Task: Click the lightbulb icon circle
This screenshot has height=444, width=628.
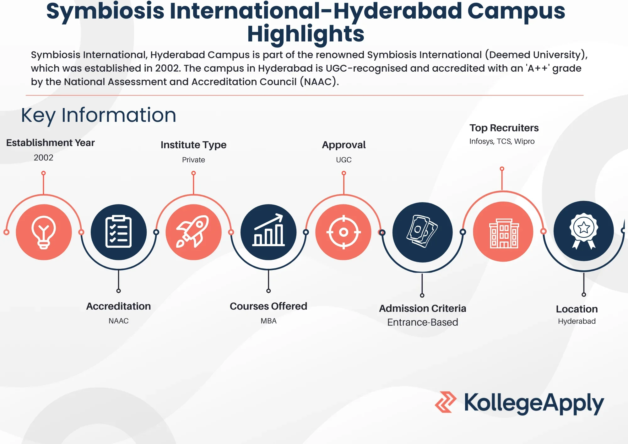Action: click(x=44, y=232)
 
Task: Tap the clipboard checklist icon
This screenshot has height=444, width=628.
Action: click(x=118, y=232)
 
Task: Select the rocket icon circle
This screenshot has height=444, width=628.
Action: click(x=193, y=232)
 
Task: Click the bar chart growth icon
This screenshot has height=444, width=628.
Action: click(x=268, y=230)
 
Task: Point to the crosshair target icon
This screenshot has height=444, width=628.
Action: click(x=344, y=232)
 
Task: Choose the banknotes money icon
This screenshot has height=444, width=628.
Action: click(x=422, y=231)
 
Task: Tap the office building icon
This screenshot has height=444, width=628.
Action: click(x=504, y=233)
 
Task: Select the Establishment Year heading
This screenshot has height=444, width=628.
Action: click(x=50, y=143)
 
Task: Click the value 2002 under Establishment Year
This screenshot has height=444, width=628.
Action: click(x=44, y=158)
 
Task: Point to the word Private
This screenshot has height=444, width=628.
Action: click(x=193, y=160)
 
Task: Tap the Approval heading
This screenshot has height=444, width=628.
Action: click(x=344, y=145)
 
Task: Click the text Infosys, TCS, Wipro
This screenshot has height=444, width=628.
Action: click(x=502, y=141)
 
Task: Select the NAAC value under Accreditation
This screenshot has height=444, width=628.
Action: click(x=118, y=321)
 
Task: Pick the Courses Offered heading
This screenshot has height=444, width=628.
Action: click(x=268, y=306)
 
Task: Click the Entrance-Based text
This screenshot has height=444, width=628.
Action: click(x=423, y=322)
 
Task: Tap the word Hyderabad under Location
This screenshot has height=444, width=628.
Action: click(x=577, y=321)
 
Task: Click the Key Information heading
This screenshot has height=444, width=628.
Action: click(x=99, y=116)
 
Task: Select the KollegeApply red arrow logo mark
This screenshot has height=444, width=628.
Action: click(x=446, y=402)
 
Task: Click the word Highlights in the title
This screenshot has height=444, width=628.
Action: click(x=306, y=34)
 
